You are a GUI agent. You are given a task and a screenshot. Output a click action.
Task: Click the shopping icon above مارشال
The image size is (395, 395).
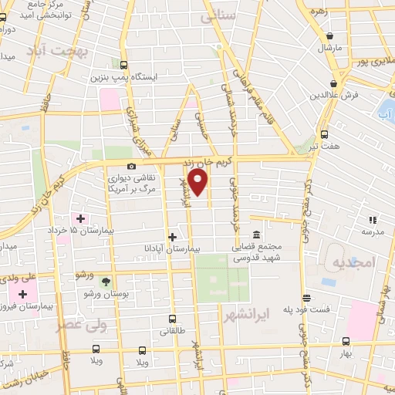(329, 35)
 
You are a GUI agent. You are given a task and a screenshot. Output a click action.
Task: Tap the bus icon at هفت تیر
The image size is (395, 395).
(324, 133)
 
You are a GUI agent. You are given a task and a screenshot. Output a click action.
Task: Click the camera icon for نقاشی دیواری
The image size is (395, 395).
(131, 166)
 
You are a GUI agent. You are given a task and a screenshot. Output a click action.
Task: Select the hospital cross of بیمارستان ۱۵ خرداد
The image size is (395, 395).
(80, 219)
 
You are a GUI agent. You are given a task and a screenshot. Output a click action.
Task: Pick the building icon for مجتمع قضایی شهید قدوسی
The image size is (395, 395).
(256, 235)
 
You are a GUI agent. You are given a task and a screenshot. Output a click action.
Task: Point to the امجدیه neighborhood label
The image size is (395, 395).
(353, 263)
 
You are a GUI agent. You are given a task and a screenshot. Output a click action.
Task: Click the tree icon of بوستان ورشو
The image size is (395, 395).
(106, 282)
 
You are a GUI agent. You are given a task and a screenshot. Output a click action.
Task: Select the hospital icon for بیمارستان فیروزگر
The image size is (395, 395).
(22, 294)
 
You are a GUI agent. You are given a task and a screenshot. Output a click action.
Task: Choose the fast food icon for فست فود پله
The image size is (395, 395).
(307, 298)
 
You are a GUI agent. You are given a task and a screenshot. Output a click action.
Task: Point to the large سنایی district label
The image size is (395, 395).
(216, 16)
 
